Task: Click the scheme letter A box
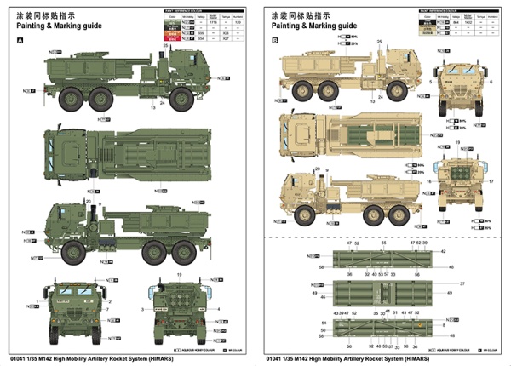point(20,41)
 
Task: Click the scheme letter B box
point(274,41)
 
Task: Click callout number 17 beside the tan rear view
point(491,180)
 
